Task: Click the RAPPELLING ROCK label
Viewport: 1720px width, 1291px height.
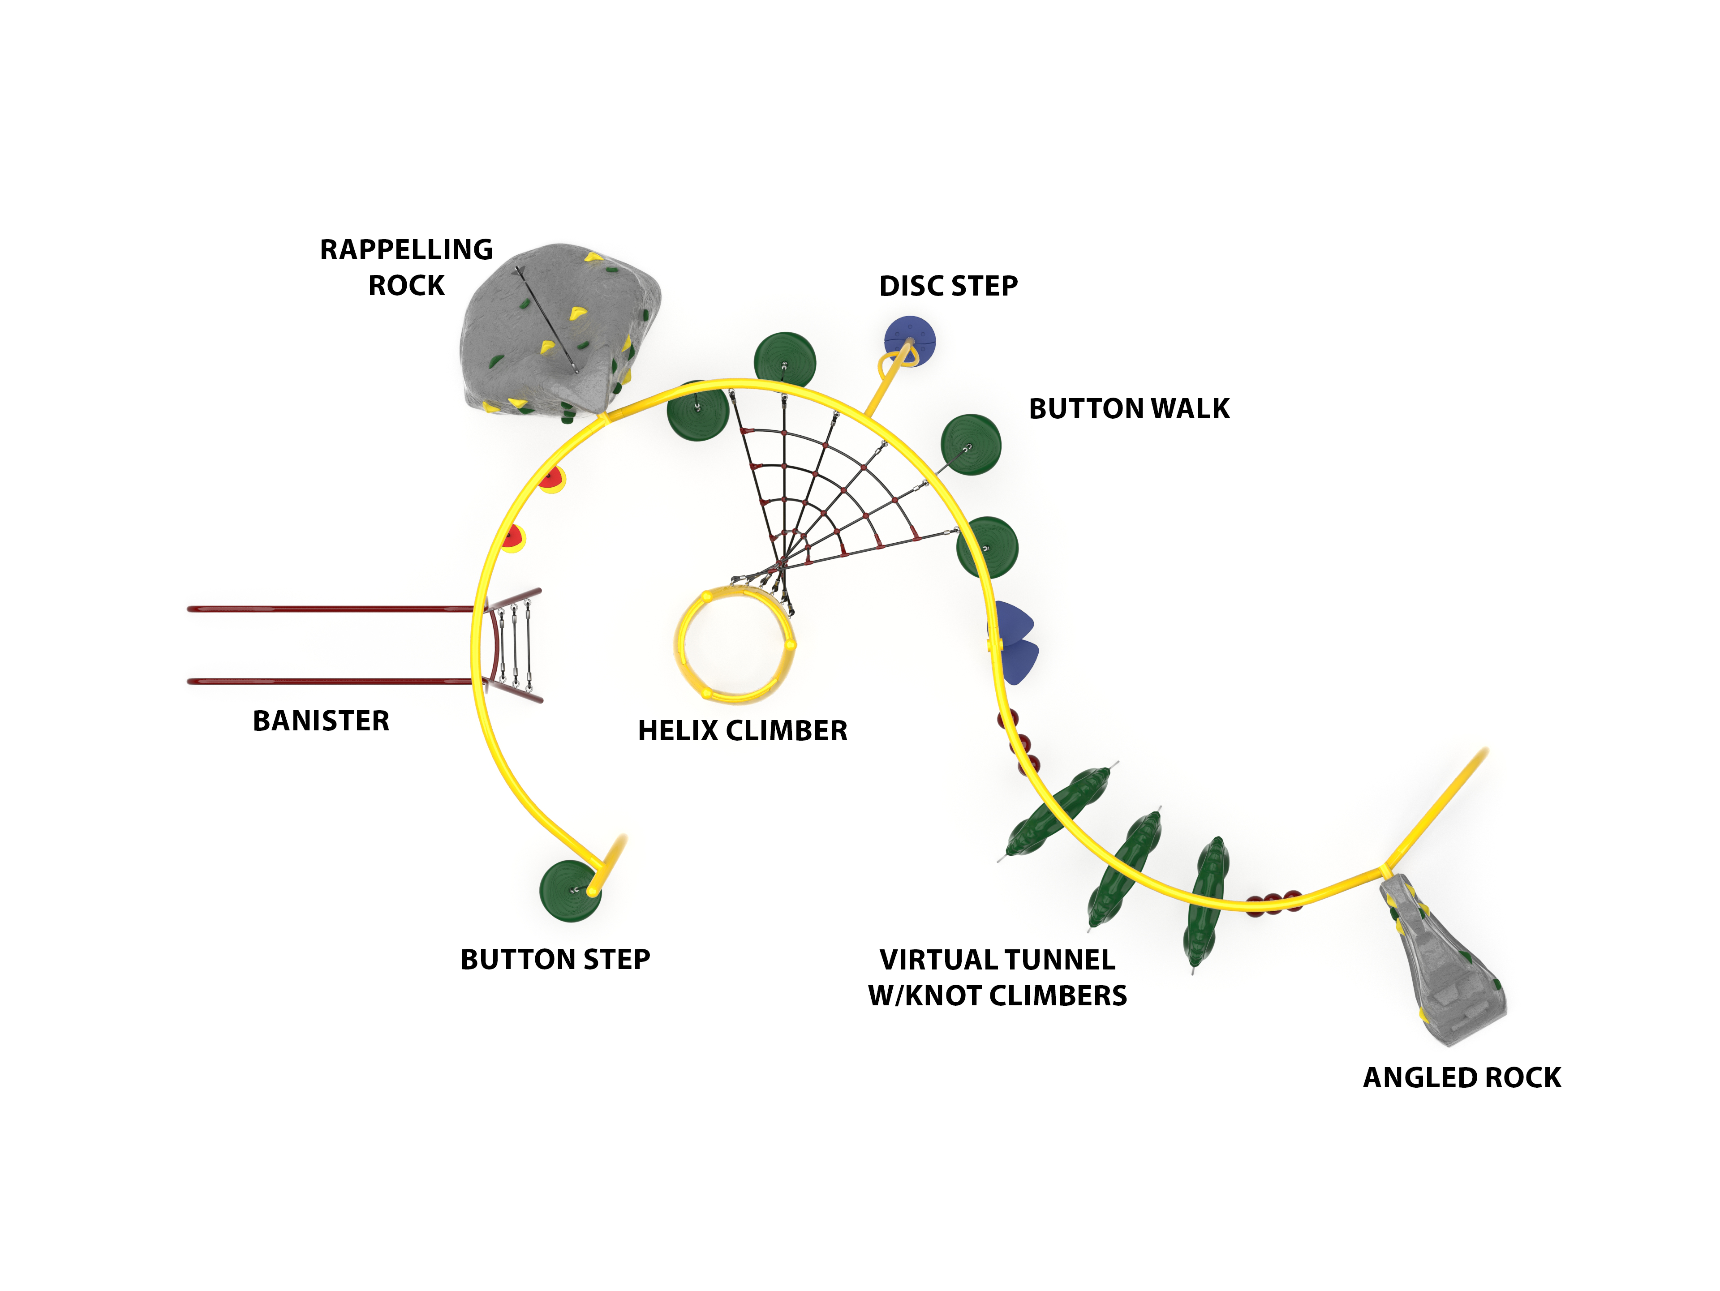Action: [x=406, y=267]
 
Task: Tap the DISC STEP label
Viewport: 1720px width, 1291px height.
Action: [x=948, y=286]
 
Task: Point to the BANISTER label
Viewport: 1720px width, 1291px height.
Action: [x=321, y=721]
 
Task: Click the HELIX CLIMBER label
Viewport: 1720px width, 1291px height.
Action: [x=743, y=731]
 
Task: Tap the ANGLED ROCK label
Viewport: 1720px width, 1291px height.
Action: [x=1462, y=1077]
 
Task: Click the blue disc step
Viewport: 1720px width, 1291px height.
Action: [x=910, y=340]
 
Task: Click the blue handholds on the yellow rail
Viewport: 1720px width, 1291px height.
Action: [x=1013, y=641]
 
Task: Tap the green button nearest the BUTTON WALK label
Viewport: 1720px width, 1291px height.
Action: [x=971, y=445]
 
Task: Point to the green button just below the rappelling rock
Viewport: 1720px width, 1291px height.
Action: [x=697, y=410]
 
